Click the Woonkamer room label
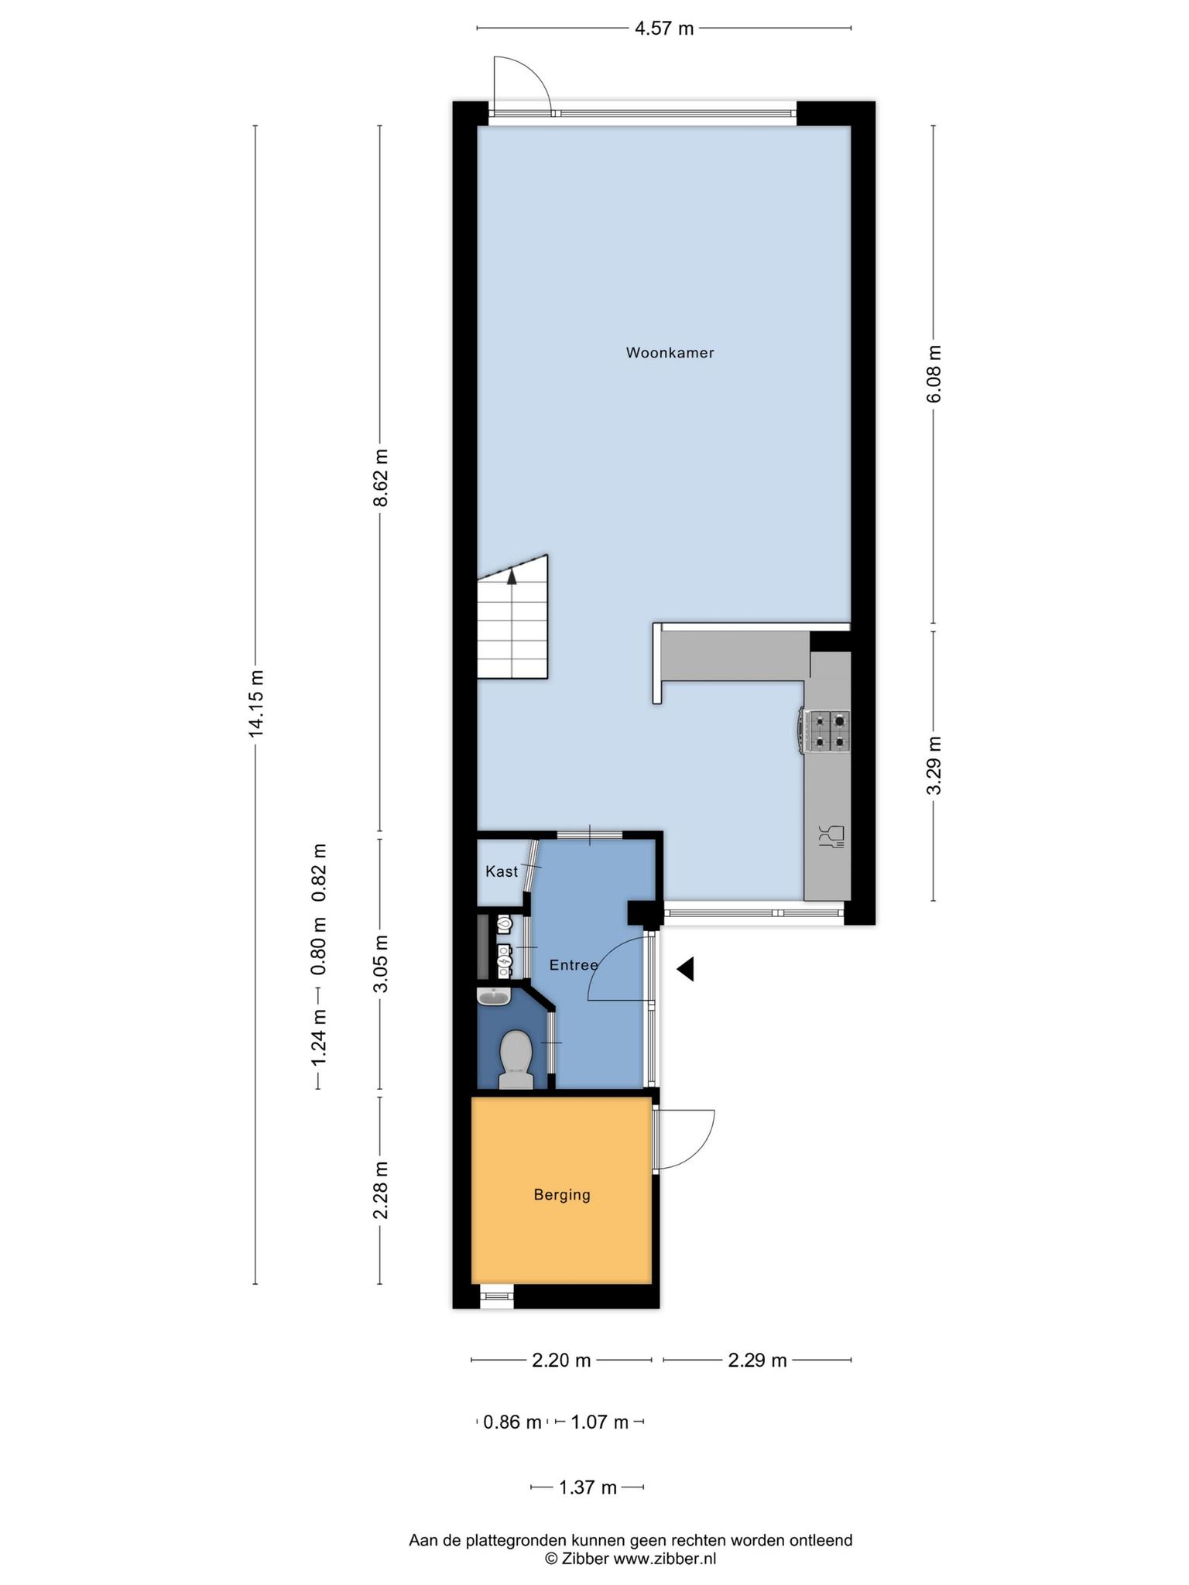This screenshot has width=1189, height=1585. click(670, 353)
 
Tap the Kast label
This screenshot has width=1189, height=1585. click(502, 871)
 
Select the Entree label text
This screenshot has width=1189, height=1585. click(574, 965)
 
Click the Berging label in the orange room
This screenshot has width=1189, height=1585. click(562, 1195)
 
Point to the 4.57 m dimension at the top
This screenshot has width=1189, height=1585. click(664, 29)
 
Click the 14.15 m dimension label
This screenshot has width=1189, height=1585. click(257, 705)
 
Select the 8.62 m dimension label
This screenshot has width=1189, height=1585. click(381, 478)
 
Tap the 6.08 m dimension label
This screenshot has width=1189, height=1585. click(934, 374)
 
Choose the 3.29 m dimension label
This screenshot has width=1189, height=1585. click(934, 765)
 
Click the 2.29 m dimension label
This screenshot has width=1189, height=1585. click(757, 1361)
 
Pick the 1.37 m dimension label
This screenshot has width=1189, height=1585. click(588, 1487)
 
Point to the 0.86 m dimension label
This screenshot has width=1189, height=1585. click(512, 1422)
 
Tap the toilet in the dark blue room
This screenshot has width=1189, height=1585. click(516, 1060)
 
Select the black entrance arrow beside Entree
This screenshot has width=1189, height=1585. click(685, 969)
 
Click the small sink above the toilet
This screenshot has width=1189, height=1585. click(493, 997)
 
